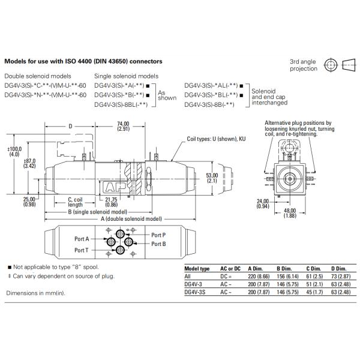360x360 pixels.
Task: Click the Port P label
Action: [x=158, y=235]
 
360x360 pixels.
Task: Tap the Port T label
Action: [x=81, y=250]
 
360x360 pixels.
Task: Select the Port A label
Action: [x=82, y=239]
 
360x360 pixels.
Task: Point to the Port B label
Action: [x=158, y=244]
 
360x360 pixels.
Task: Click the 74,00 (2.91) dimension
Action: [x=123, y=126]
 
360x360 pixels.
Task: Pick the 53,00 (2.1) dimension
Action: [x=212, y=178]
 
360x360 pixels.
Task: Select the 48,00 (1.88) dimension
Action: [x=290, y=213]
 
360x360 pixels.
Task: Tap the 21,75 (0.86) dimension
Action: [x=111, y=202]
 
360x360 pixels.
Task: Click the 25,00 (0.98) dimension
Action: [x=29, y=202]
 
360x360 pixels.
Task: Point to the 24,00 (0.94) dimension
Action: [x=262, y=204]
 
